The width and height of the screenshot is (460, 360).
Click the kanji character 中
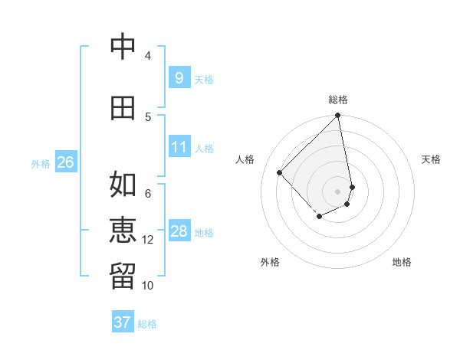click(123, 47)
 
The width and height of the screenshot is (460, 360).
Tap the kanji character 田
click(123, 108)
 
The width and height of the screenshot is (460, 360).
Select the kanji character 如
click(123, 184)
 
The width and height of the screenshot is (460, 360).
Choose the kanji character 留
click(123, 277)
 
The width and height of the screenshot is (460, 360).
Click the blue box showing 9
click(179, 77)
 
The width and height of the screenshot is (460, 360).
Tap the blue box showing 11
click(179, 146)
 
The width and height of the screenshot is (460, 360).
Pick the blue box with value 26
click(65, 162)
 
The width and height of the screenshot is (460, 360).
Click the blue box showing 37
click(122, 322)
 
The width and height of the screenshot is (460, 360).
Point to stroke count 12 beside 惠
click(148, 240)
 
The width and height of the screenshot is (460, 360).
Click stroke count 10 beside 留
click(148, 286)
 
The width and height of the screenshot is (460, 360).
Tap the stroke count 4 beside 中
click(148, 56)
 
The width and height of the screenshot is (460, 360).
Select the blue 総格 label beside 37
click(147, 324)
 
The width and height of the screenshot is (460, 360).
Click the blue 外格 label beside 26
click(40, 163)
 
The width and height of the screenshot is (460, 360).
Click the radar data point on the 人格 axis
click(280, 172)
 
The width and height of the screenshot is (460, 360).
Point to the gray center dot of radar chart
click(338, 191)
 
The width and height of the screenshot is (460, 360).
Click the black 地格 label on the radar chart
click(402, 263)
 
